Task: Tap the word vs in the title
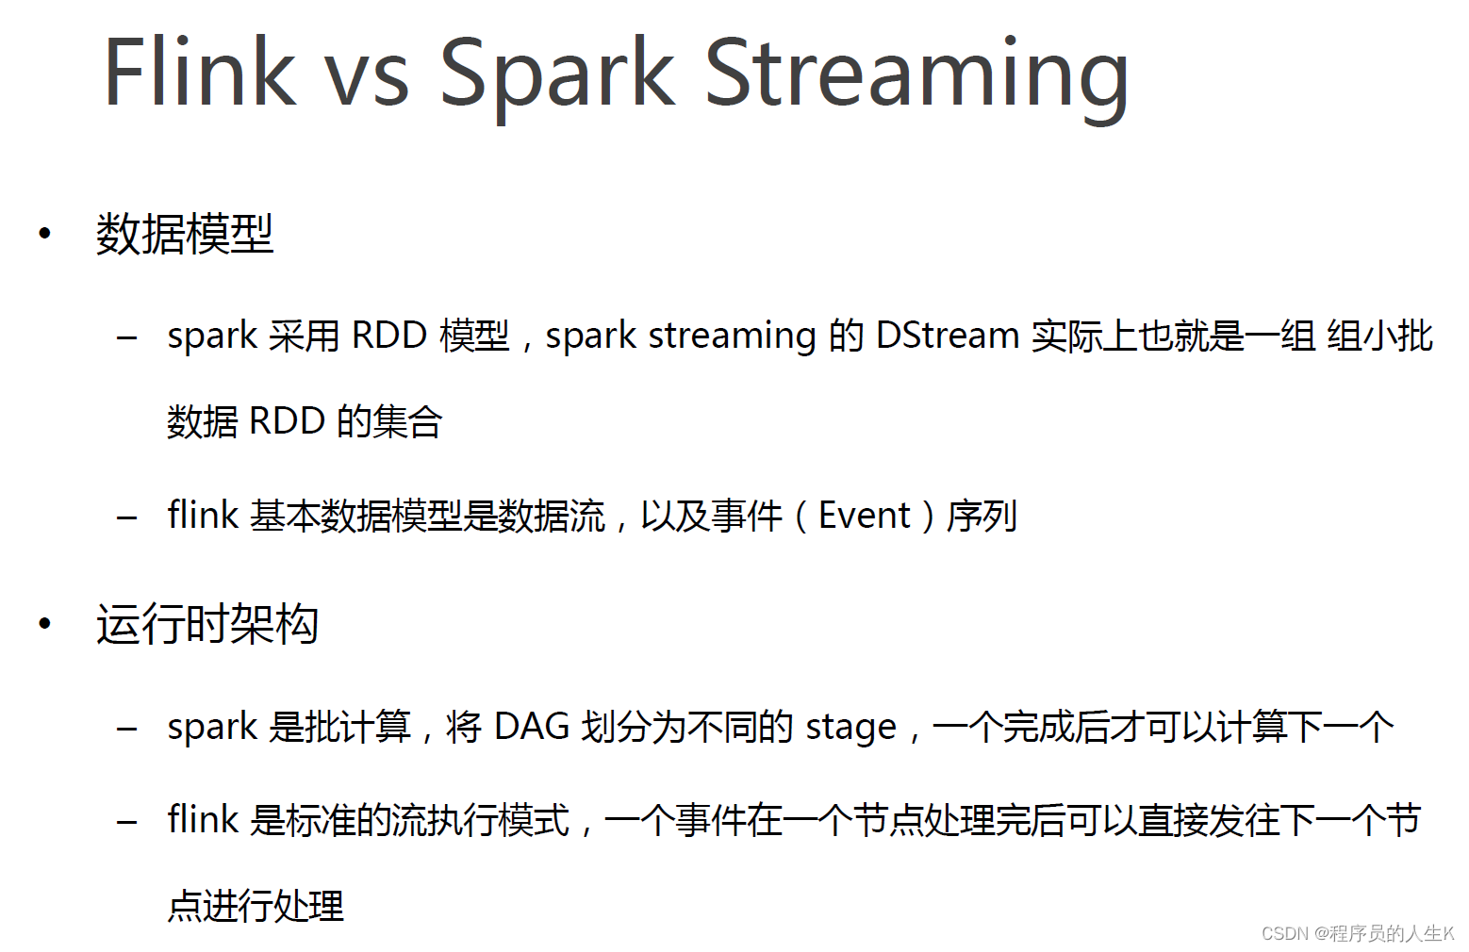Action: pos(367,81)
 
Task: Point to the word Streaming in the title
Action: pos(916,78)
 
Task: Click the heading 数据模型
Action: pos(185,234)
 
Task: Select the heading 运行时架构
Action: pos(207,624)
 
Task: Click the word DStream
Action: pos(947,335)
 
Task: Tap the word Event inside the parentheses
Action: pos(865,516)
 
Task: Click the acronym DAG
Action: pos(532,727)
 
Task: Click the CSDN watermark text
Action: pos(1357,933)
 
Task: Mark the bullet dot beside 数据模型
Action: pos(44,234)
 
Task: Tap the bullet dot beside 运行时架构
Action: pos(44,624)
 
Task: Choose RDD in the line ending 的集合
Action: pos(288,421)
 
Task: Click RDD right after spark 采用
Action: pos(389,335)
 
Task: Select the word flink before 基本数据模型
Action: pos(202,514)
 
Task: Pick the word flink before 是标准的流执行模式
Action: pos(202,819)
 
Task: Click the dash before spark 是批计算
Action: pos(126,729)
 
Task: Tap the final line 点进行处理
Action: pos(256,906)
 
